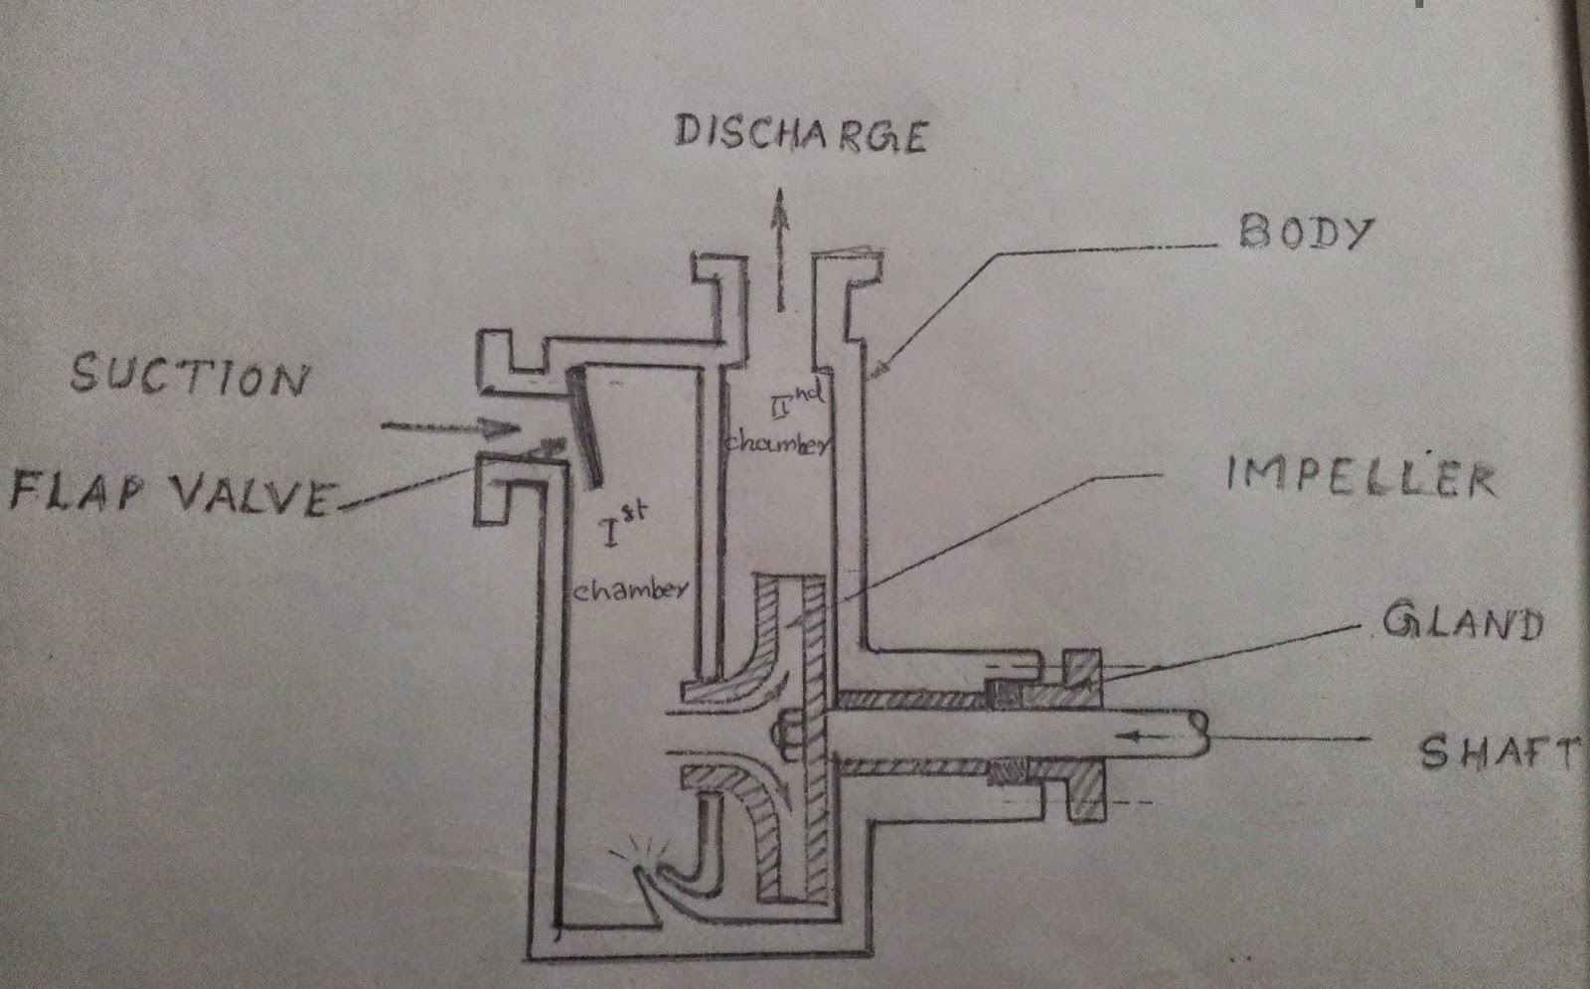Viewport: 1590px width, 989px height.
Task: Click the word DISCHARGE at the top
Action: pos(800,135)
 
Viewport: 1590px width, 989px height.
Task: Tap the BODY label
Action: pos(1304,233)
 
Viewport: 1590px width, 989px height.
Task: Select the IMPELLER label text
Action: pos(1359,476)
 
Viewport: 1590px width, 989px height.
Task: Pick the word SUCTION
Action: pos(189,377)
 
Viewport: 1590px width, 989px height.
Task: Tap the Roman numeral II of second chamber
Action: pos(781,405)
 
